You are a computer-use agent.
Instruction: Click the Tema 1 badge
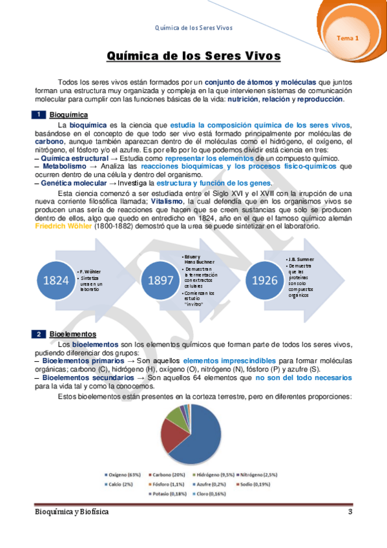(348, 38)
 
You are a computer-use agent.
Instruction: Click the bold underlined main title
(194, 56)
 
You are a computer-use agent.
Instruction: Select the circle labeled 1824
(52, 280)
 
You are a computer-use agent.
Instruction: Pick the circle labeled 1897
(161, 280)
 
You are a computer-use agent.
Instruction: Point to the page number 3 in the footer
(350, 512)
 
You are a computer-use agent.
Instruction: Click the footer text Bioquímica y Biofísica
(72, 512)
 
